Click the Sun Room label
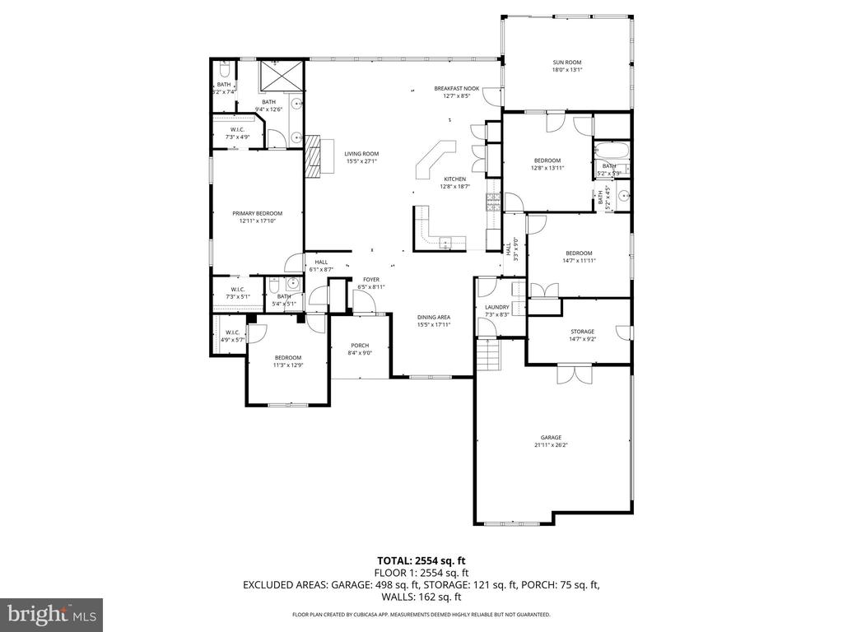coord(567,62)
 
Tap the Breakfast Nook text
coord(457,88)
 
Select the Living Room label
coord(361,153)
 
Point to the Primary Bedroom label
coord(257,213)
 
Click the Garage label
coord(551,438)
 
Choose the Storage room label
coord(582,332)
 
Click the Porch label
coord(360,345)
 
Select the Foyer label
coord(370,280)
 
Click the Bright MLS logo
coord(51,614)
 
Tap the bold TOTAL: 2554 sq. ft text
coord(421,560)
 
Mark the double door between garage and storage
coord(575,374)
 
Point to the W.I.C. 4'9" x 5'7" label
coord(231,336)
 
